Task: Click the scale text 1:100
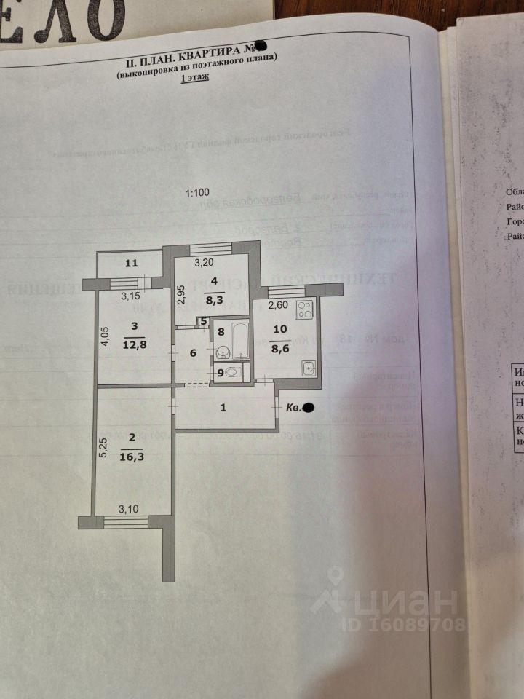(197, 193)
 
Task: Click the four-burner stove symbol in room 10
(303, 311)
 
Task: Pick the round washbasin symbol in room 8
(222, 353)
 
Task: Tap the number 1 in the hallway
(224, 408)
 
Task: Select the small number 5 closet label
(203, 321)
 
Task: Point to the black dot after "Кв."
(309, 408)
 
